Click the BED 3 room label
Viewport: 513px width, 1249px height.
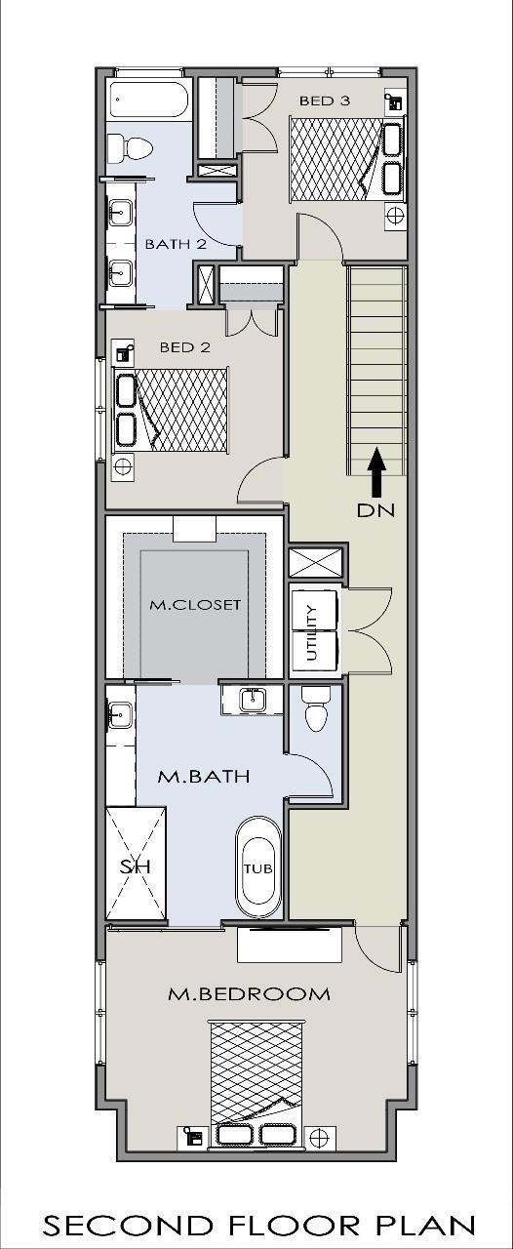point(325,101)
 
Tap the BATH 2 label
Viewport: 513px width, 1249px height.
point(176,244)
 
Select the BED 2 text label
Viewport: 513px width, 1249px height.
point(185,347)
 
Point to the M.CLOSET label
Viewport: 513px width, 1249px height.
point(195,605)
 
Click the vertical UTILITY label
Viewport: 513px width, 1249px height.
point(313,632)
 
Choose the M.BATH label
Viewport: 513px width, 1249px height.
point(204,777)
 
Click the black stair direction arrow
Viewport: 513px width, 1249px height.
point(377,471)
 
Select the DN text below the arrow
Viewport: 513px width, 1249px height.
point(375,510)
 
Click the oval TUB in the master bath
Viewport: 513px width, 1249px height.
point(258,868)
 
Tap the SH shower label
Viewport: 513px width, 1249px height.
point(136,867)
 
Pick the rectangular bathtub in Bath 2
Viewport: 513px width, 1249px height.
point(150,100)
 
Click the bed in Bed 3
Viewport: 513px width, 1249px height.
point(345,159)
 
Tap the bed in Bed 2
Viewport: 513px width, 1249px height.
point(172,409)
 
